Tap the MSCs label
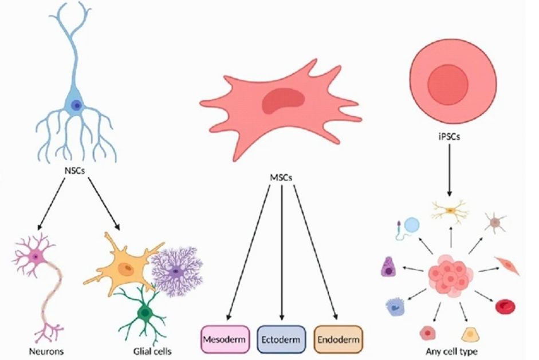[281, 178]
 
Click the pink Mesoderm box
[226, 340]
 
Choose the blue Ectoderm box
[282, 340]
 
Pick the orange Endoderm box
[339, 340]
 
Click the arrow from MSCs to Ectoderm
[282, 252]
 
